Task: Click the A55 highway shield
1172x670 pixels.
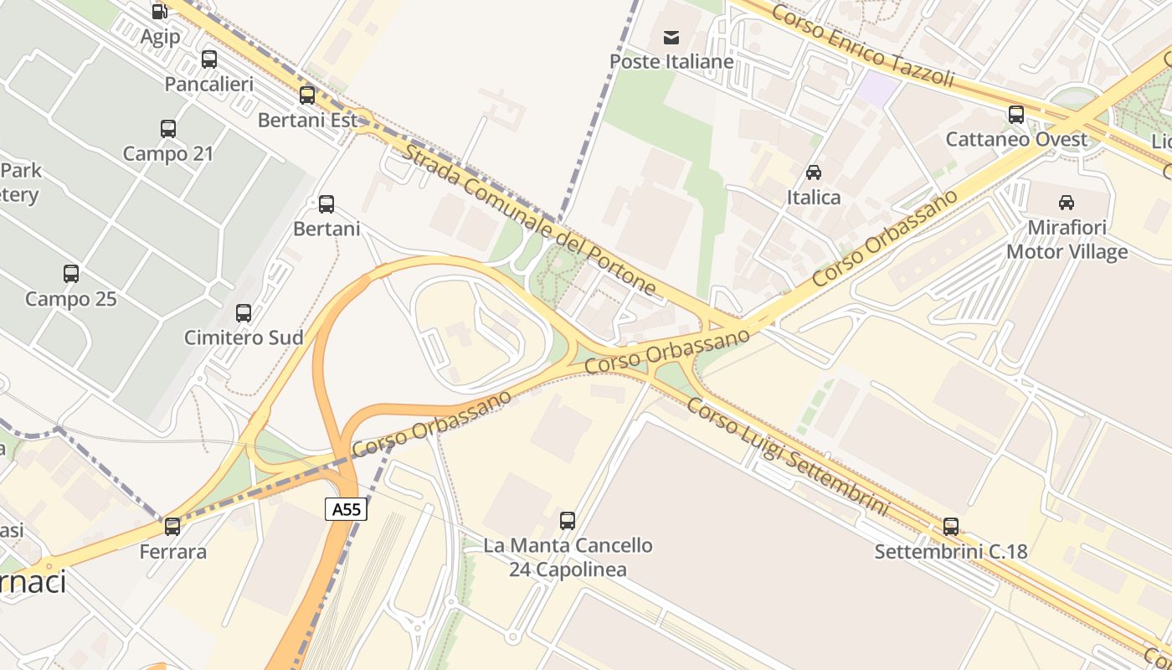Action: tap(346, 508)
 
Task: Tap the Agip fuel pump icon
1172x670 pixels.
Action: tap(159, 11)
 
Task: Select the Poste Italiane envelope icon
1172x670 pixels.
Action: tap(671, 37)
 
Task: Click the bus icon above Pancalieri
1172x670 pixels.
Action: tap(209, 59)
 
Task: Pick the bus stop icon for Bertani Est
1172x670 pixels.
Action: tap(307, 95)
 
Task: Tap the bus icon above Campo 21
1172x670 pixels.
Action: tap(168, 129)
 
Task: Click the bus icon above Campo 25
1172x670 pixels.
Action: tap(71, 274)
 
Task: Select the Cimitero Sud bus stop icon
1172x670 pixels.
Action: tap(244, 313)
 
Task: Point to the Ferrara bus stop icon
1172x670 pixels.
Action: tap(172, 527)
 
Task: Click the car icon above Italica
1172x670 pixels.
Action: tap(813, 173)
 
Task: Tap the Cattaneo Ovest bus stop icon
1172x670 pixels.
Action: tap(1016, 115)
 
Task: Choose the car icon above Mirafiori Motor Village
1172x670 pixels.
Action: tap(1067, 202)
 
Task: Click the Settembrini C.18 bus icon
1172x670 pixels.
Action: tap(951, 527)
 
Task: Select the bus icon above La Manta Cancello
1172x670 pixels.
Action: tap(568, 521)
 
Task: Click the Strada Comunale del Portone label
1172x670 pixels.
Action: tap(529, 219)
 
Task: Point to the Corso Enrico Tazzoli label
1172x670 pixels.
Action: tap(862, 45)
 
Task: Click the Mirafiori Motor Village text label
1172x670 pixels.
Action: tap(1067, 240)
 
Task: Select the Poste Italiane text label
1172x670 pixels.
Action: tap(671, 61)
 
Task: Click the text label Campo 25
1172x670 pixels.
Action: tap(71, 299)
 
